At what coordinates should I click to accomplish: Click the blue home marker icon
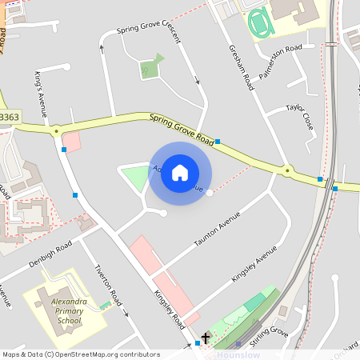click(180, 172)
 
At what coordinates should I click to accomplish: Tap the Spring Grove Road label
click(182, 128)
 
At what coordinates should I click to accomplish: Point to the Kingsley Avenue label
click(254, 263)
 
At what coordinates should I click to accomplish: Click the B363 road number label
click(9, 117)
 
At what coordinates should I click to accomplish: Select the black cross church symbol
click(206, 339)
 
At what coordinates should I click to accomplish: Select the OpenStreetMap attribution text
click(80, 354)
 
